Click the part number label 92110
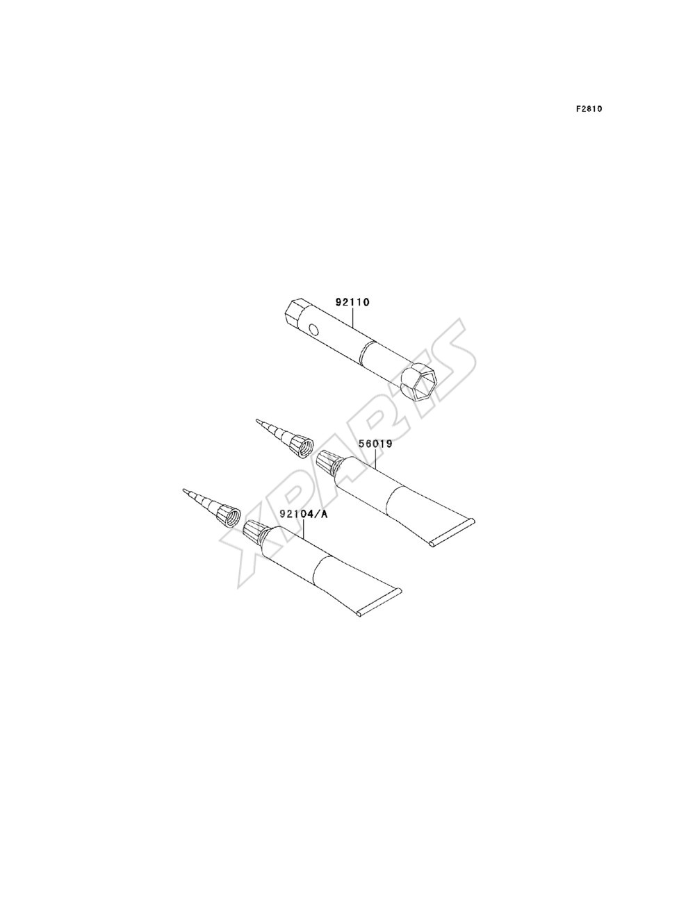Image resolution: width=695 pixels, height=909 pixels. click(x=352, y=302)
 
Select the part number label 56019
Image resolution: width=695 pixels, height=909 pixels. click(x=375, y=444)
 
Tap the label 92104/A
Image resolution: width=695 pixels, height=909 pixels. click(x=303, y=515)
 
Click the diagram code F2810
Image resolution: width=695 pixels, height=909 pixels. click(x=589, y=109)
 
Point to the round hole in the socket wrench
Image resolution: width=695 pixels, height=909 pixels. click(x=315, y=329)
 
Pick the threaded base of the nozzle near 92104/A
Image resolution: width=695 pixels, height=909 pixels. click(x=228, y=515)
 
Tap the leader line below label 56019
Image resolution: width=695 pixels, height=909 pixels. click(x=375, y=459)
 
